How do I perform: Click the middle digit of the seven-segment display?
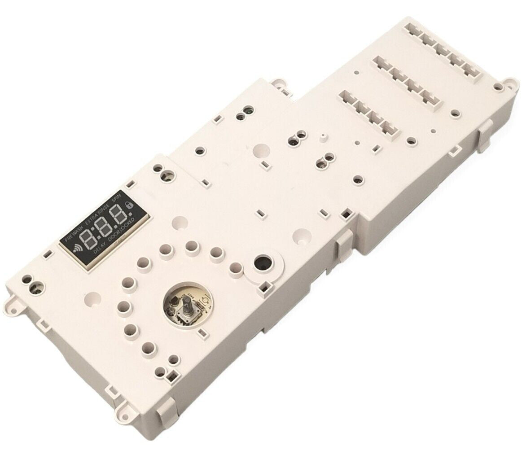(x=103, y=227)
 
